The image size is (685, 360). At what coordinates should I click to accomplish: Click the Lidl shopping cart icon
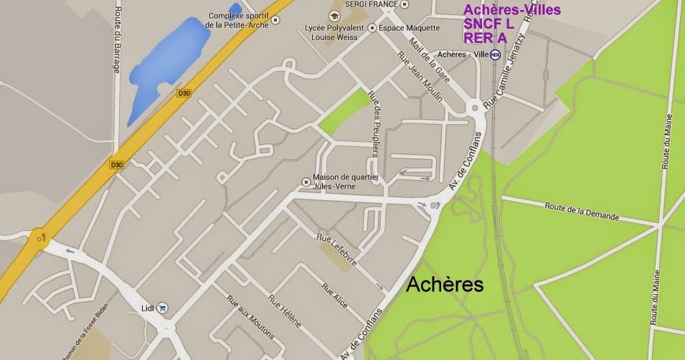pyautogui.click(x=163, y=308)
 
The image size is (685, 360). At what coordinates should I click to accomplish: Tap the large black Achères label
pyautogui.click(x=445, y=285)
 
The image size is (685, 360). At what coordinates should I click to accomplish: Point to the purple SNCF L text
pyautogui.click(x=489, y=24)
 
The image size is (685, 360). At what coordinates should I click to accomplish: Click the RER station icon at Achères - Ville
pyautogui.click(x=495, y=55)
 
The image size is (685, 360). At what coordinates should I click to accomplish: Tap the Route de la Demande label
pyautogui.click(x=577, y=209)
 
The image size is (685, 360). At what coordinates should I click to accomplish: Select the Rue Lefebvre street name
pyautogui.click(x=337, y=252)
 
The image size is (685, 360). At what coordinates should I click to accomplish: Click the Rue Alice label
pyautogui.click(x=335, y=296)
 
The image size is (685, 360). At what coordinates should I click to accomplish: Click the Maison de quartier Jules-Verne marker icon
pyautogui.click(x=306, y=181)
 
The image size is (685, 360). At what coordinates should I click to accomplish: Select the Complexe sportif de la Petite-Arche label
pyautogui.click(x=239, y=20)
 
